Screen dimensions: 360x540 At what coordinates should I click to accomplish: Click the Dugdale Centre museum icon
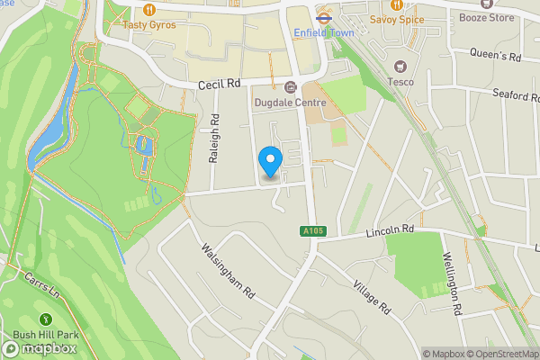tap(290, 87)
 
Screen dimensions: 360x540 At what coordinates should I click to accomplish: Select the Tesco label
tap(401, 82)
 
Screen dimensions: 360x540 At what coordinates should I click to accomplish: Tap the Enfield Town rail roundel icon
tap(322, 16)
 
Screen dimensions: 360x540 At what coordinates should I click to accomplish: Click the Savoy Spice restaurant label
tap(397, 18)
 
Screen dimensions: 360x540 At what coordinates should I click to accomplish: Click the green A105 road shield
tap(310, 232)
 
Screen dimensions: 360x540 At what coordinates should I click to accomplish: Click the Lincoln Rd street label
tap(390, 230)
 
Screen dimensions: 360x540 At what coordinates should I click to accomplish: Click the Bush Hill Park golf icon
tap(45, 319)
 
